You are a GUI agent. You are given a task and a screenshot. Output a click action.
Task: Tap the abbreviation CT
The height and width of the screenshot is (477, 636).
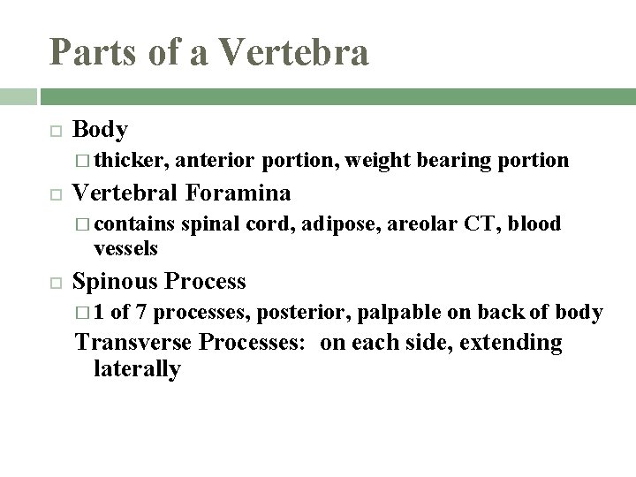[484, 224]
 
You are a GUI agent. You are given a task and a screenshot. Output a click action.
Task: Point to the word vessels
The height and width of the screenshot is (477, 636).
[125, 249]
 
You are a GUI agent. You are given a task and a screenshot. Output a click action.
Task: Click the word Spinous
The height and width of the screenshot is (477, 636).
[113, 282]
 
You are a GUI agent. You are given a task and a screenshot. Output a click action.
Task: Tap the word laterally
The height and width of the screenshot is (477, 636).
[137, 368]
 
